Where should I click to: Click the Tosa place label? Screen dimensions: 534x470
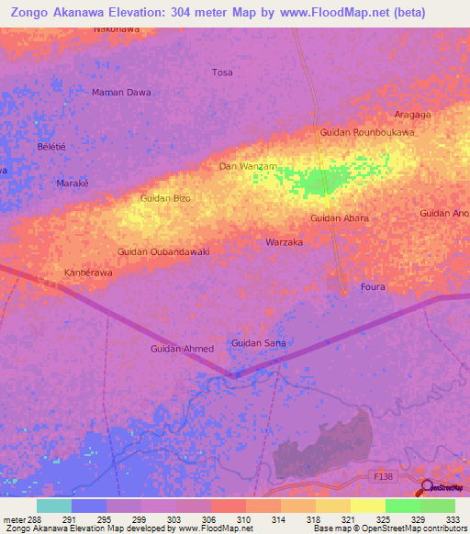[x=222, y=72]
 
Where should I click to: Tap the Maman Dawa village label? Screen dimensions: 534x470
[x=121, y=93]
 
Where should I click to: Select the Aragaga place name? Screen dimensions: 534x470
[x=413, y=116]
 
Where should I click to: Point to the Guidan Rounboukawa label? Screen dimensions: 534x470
[x=367, y=132]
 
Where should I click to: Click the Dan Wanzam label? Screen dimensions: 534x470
[x=248, y=166]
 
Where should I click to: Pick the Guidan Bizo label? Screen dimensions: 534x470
[x=165, y=198]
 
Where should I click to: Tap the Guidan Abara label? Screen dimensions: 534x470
[x=340, y=218]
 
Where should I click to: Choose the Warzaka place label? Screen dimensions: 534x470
[x=284, y=243]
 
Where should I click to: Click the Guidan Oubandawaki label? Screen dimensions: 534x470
[x=164, y=251]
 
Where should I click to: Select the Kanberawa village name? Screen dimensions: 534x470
[x=88, y=273]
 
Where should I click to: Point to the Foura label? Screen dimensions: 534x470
[x=373, y=287]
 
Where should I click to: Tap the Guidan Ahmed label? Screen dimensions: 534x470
[x=182, y=349]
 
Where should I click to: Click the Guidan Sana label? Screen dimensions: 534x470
[x=258, y=343]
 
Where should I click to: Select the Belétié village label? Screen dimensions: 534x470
[x=51, y=147]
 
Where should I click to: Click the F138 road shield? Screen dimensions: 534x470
[x=383, y=478]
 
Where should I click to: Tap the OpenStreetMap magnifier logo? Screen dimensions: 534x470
[x=426, y=486]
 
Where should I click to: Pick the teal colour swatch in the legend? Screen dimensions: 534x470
[x=53, y=506]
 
